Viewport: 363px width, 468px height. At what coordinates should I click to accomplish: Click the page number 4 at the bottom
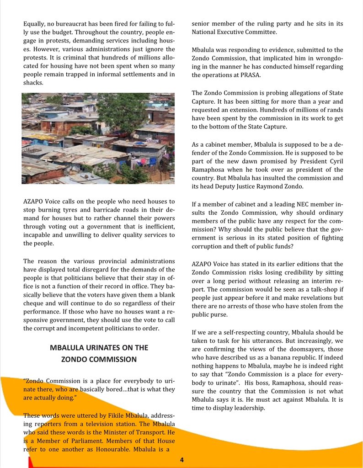(x=182, y=459)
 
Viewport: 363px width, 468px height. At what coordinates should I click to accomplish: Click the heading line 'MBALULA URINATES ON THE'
(x=99, y=347)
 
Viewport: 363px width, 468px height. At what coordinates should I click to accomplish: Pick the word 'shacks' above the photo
(x=33, y=83)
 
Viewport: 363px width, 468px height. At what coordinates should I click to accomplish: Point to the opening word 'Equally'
(x=35, y=23)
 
